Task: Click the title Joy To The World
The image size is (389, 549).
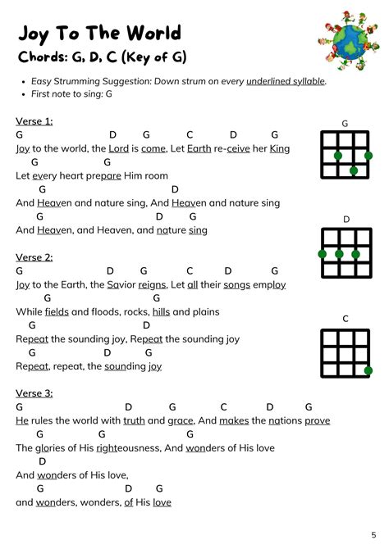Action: pyautogui.click(x=98, y=34)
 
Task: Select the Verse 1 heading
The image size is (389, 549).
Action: pyautogui.click(x=34, y=121)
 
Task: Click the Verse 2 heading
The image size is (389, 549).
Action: pyautogui.click(x=34, y=257)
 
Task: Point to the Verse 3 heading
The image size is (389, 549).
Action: pyautogui.click(x=34, y=393)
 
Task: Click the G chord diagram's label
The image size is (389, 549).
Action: pyautogui.click(x=345, y=124)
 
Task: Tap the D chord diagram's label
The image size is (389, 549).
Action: pyautogui.click(x=346, y=220)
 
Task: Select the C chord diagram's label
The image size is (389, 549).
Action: pyautogui.click(x=346, y=318)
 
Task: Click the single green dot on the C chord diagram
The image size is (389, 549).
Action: pyautogui.click(x=368, y=370)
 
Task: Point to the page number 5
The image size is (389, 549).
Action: pyautogui.click(x=373, y=535)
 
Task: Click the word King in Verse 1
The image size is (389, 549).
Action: pyautogui.click(x=280, y=148)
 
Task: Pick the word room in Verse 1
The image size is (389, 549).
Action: pyautogui.click(x=156, y=175)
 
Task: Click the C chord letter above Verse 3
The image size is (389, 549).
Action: pyautogui.click(x=223, y=407)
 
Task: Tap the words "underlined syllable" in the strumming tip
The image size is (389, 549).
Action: pyautogui.click(x=281, y=81)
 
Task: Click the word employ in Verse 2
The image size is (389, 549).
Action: pyautogui.click(x=268, y=284)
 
